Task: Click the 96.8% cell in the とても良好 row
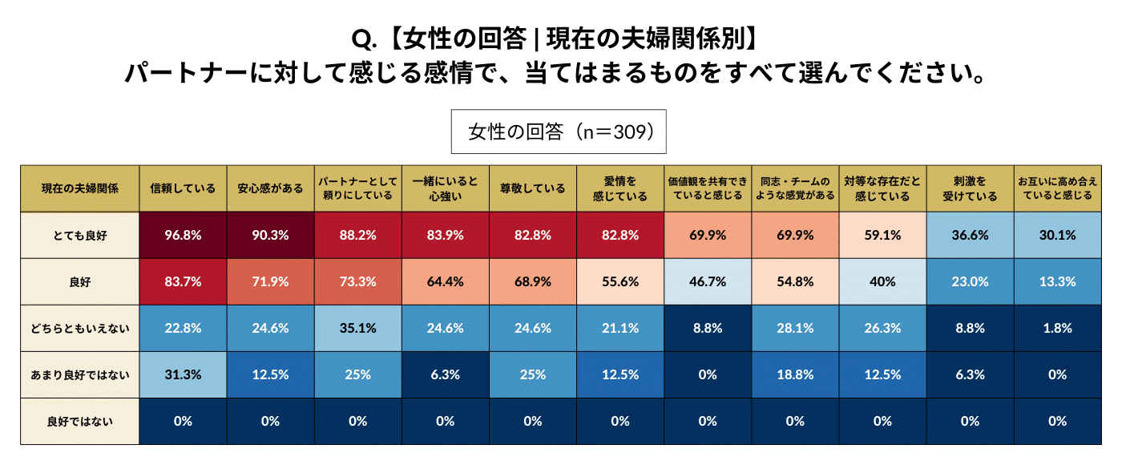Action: (x=183, y=235)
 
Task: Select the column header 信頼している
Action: (x=183, y=188)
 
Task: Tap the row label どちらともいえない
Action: (x=79, y=328)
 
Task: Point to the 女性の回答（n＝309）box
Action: (x=559, y=131)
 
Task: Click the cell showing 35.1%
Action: (x=357, y=328)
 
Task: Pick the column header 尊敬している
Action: (x=532, y=188)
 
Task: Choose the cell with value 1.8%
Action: (x=1057, y=328)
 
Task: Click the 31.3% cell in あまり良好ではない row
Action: (x=183, y=374)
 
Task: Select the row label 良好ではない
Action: (x=79, y=421)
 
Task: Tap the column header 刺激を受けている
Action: (x=970, y=188)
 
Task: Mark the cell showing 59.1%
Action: (x=882, y=235)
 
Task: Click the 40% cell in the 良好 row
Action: (x=882, y=281)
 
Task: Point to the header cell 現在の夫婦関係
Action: (x=79, y=188)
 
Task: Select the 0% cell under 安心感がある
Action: (x=270, y=421)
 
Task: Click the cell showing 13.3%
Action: (x=1057, y=281)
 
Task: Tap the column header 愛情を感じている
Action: (x=620, y=188)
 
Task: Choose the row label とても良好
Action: (x=79, y=235)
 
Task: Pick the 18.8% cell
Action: (x=795, y=374)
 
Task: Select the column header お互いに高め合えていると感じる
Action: (x=1057, y=188)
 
